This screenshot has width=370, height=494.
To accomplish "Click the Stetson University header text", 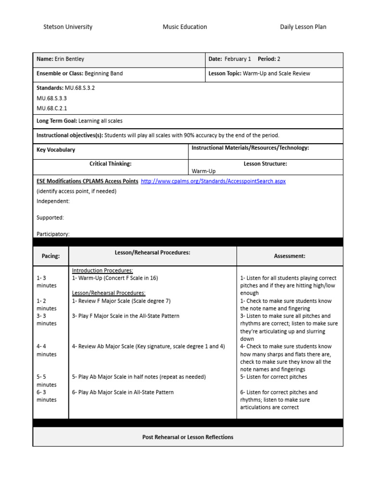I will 68,27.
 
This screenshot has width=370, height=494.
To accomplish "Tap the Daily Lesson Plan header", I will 303,27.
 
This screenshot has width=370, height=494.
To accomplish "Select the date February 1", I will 238,59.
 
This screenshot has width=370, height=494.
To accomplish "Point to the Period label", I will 266,59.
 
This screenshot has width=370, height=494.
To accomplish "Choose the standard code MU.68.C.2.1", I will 52,109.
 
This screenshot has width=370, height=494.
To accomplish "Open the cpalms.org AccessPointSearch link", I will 213,181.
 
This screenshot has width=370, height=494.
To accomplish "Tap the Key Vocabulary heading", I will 56,150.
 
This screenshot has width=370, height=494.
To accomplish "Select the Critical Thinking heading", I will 110,164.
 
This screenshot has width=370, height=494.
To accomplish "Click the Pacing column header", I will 51,256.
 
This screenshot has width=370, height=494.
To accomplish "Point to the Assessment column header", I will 290,256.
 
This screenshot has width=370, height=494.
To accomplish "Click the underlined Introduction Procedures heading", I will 103,271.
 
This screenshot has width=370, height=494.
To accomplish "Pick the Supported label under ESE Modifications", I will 50,218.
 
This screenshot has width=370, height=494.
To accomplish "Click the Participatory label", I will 53,234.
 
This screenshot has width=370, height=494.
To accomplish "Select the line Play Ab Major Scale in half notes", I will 139,377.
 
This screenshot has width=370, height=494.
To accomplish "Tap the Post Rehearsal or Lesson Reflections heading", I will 188,437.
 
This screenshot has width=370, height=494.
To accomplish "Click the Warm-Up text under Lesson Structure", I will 204,171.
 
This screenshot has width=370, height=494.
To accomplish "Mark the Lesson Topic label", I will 225,74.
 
